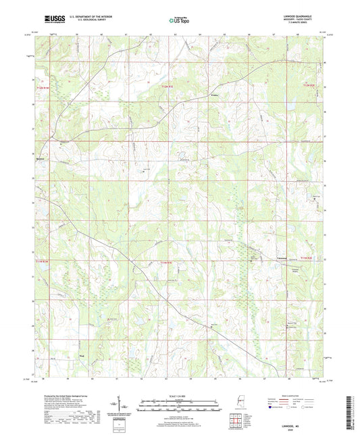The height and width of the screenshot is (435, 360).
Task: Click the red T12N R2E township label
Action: click(x=309, y=85)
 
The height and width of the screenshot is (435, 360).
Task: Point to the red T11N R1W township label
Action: click(x=43, y=260)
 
